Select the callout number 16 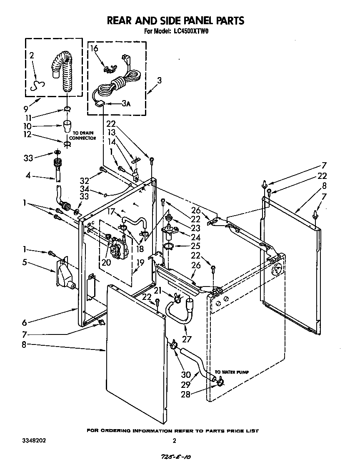click(x=94, y=48)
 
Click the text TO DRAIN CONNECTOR click(x=82, y=136)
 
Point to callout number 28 click(x=186, y=394)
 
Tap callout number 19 click(x=140, y=262)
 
